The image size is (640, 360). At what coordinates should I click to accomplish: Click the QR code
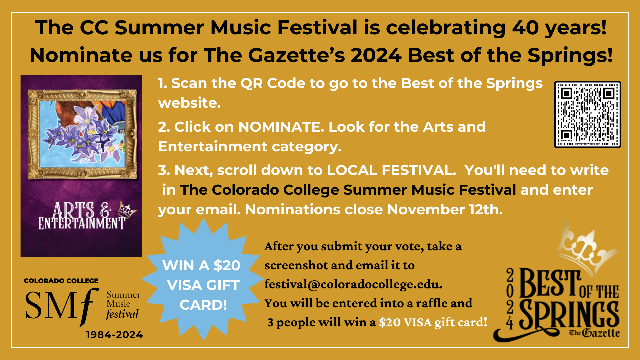[587, 114]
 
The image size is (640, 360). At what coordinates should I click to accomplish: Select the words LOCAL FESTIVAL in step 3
[391, 170]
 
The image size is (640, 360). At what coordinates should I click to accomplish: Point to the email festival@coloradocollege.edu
[353, 284]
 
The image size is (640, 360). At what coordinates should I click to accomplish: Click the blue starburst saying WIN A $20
[203, 279]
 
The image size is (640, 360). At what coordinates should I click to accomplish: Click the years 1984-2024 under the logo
[114, 335]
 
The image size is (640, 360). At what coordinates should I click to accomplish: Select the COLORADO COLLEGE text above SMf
[61, 281]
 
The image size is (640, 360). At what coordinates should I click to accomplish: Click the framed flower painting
[82, 134]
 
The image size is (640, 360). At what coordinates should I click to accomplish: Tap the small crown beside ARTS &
[127, 210]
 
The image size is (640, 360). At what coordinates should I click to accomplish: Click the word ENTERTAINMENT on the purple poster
[82, 223]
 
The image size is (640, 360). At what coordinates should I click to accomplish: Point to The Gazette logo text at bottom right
[594, 333]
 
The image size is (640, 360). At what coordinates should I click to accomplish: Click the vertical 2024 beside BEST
[510, 299]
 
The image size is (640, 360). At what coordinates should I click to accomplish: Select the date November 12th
[445, 209]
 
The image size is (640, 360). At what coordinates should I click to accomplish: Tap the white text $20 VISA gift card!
[433, 322]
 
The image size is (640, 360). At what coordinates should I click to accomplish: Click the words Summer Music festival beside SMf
[123, 305]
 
